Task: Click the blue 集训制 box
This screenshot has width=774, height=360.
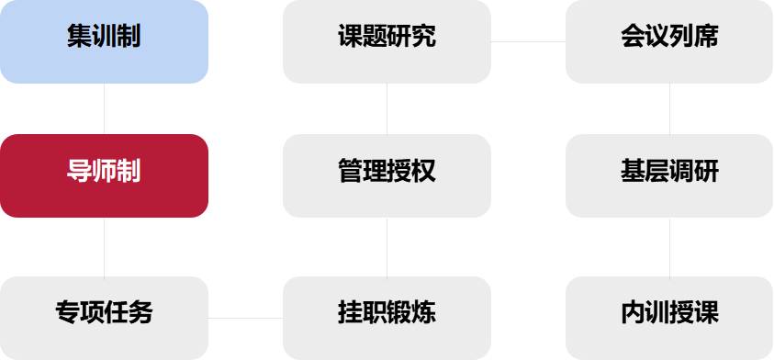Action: click(x=104, y=41)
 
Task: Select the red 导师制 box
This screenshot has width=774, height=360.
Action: click(x=104, y=175)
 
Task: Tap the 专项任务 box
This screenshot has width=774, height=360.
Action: click(x=104, y=318)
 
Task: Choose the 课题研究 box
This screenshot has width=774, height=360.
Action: click(x=387, y=41)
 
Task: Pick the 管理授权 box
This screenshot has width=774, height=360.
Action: click(x=387, y=175)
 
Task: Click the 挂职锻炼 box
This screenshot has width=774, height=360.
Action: click(x=387, y=318)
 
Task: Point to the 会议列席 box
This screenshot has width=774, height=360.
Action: click(x=670, y=41)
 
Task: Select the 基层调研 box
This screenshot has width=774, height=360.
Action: click(x=670, y=175)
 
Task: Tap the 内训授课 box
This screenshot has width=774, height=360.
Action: click(x=670, y=318)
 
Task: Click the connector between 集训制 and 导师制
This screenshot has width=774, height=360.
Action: click(x=104, y=108)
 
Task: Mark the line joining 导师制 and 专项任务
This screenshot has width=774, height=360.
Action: click(x=104, y=247)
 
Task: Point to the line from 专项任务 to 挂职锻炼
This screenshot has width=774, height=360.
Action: click(x=245, y=318)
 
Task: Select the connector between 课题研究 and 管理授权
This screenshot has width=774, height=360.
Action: click(x=387, y=108)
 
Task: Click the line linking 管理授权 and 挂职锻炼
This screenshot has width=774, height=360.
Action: click(x=387, y=247)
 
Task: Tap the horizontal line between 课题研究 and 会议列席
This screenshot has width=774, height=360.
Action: click(x=528, y=41)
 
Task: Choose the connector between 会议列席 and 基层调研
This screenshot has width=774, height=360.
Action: click(x=670, y=108)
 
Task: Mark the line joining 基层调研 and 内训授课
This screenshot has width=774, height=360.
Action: click(x=670, y=247)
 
